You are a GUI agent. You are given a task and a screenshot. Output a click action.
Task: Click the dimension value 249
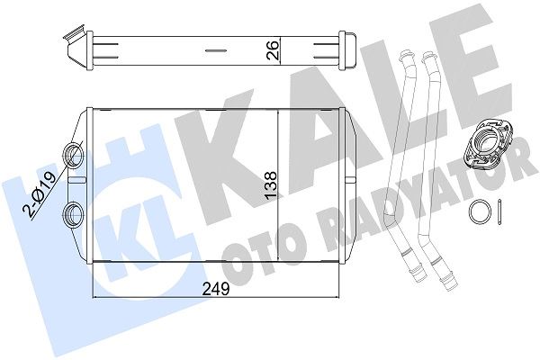point(215,289)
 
